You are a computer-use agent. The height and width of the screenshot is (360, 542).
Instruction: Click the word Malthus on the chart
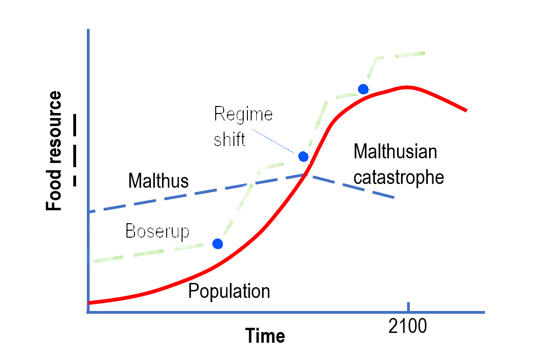pyautogui.click(x=158, y=181)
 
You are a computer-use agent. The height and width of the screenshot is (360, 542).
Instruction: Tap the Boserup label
pyautogui.click(x=157, y=231)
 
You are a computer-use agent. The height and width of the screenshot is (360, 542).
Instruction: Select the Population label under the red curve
pyautogui.click(x=229, y=291)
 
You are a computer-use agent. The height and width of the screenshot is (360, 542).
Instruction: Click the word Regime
pyautogui.click(x=243, y=114)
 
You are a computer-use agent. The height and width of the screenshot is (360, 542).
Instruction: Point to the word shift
pyautogui.click(x=229, y=140)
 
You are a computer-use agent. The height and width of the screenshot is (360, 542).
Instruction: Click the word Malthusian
pyautogui.click(x=395, y=152)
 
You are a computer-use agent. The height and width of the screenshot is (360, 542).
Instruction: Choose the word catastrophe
pyautogui.click(x=398, y=177)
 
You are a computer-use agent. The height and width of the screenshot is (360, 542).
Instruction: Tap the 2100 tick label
pyautogui.click(x=407, y=327)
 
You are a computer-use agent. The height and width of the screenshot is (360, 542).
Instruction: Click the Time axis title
pyautogui.click(x=265, y=336)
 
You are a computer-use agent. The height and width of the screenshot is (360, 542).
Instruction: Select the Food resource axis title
pyautogui.click(x=54, y=151)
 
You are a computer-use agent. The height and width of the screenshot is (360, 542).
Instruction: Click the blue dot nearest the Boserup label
pyautogui.click(x=217, y=243)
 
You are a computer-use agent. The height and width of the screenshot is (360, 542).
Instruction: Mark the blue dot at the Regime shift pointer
pyautogui.click(x=303, y=156)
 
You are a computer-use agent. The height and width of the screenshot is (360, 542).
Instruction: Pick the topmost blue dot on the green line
pyautogui.click(x=363, y=89)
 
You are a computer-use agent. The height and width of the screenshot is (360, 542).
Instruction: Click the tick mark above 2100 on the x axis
pyautogui.click(x=408, y=307)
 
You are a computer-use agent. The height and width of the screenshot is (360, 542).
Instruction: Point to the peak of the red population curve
pyautogui.click(x=407, y=87)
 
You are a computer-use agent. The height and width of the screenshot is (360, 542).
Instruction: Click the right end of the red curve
pyautogui.click(x=465, y=110)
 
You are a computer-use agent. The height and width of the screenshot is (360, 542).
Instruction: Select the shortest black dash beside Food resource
pyautogui.click(x=75, y=181)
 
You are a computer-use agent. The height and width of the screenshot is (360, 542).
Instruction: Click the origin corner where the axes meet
pyautogui.click(x=88, y=312)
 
